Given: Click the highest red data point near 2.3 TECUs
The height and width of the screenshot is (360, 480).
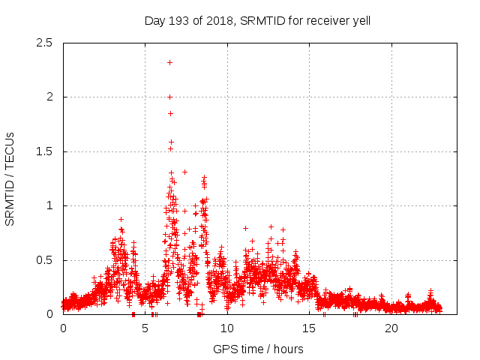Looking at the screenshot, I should click(170, 62).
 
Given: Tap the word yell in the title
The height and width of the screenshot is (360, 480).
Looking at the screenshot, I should click(359, 21).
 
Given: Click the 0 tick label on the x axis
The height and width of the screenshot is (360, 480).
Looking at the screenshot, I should click(63, 328).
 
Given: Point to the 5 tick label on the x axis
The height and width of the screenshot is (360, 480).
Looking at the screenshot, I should click(145, 328).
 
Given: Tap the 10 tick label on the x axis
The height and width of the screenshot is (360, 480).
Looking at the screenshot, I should click(227, 328).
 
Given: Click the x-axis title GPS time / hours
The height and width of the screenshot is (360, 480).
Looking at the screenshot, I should click(258, 349).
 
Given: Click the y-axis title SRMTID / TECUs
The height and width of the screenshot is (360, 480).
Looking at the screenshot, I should click(10, 178).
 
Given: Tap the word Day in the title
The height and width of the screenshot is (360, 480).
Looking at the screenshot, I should click(154, 21).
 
